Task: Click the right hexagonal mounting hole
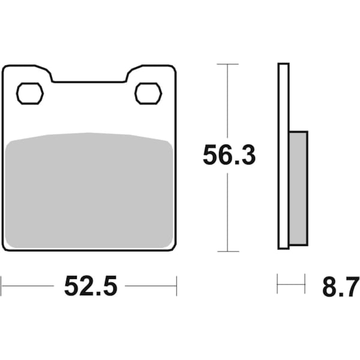click(x=148, y=93)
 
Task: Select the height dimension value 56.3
click(x=229, y=156)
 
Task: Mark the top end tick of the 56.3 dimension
click(x=227, y=64)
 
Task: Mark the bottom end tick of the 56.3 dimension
click(x=227, y=251)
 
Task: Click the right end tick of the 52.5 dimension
click(x=176, y=286)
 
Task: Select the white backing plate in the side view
click(x=283, y=156)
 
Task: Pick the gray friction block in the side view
click(x=298, y=188)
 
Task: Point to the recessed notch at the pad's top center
click(x=89, y=79)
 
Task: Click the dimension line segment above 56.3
click(x=227, y=102)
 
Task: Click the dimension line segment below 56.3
click(x=227, y=210)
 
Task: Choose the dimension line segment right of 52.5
click(x=150, y=286)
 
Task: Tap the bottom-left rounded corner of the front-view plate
click(x=6, y=246)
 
